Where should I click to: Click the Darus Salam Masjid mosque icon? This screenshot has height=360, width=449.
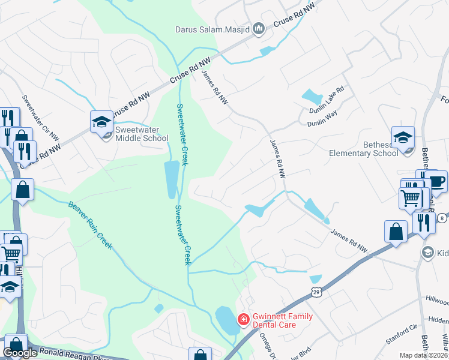click(x=259, y=28)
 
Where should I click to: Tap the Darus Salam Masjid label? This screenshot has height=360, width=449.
click(x=214, y=28)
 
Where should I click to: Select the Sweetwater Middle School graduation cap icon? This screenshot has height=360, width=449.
click(x=101, y=121)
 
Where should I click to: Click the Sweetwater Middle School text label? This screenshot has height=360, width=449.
click(x=142, y=134)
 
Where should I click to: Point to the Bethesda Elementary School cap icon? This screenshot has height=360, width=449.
click(x=403, y=137)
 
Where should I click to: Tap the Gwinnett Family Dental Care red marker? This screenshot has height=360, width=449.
click(x=243, y=319)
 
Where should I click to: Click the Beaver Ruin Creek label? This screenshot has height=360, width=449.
click(x=89, y=228)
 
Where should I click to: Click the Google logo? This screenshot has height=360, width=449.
click(x=20, y=353)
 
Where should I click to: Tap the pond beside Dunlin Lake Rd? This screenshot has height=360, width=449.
click(x=312, y=96)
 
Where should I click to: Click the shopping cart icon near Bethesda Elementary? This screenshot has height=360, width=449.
click(x=410, y=197)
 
